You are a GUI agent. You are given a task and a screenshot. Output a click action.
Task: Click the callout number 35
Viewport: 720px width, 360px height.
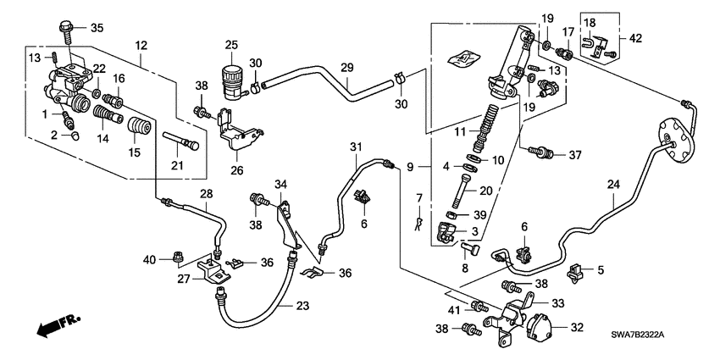(96, 28)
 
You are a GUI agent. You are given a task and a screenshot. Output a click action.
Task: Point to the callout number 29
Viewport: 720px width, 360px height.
(346, 67)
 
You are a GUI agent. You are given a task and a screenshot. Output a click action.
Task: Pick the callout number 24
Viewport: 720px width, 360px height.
(612, 184)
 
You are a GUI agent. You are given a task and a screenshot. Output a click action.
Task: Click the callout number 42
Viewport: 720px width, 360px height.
(635, 37)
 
